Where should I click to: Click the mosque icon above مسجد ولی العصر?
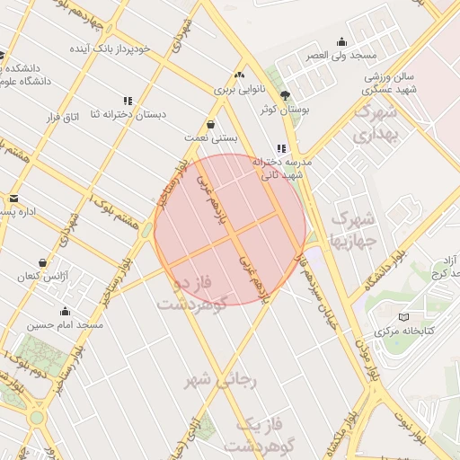[x=341, y=41]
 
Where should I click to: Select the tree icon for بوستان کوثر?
[x=285, y=95]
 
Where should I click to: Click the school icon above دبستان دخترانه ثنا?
[x=127, y=101]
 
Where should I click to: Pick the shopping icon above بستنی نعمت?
[x=210, y=124]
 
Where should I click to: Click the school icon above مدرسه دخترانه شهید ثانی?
[x=282, y=148]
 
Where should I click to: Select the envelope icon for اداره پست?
[x=13, y=199]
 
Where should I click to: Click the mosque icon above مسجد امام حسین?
[x=65, y=312]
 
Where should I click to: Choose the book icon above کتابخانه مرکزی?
[x=403, y=317]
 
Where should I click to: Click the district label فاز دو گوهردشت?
[x=193, y=293]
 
